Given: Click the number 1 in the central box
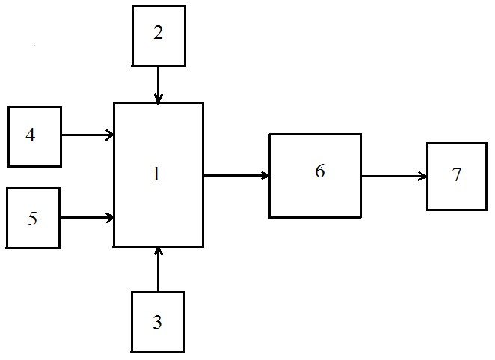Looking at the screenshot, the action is [156, 174].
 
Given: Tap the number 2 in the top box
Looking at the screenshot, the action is [159, 32].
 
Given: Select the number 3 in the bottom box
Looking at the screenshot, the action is [158, 322].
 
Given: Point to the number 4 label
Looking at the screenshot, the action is [31, 135].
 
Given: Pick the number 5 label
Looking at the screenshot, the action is [32, 218].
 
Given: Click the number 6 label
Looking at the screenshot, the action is [320, 171].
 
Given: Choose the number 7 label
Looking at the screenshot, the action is [457, 174].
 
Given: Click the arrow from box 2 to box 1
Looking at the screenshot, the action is [158, 85].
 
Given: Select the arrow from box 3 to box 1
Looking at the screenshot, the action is [159, 269].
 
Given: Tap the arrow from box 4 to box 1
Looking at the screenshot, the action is [87, 135].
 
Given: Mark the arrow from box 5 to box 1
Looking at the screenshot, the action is [87, 218].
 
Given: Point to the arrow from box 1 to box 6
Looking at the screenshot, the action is [237, 175].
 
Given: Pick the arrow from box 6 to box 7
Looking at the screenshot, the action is [394, 176].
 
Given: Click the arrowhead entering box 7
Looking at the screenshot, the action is [423, 176].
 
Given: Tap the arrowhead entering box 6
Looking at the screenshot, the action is [266, 175].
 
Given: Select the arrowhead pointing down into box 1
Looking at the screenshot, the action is [158, 99].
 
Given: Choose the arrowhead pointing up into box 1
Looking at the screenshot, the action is [159, 251].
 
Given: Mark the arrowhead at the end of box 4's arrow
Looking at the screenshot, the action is [110, 135].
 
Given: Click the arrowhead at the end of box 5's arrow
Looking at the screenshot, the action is [110, 218].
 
